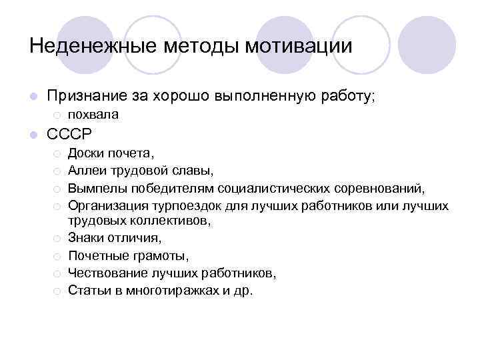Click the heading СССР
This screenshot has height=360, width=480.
tap(69, 133)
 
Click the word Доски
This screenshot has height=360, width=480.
tap(85, 156)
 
